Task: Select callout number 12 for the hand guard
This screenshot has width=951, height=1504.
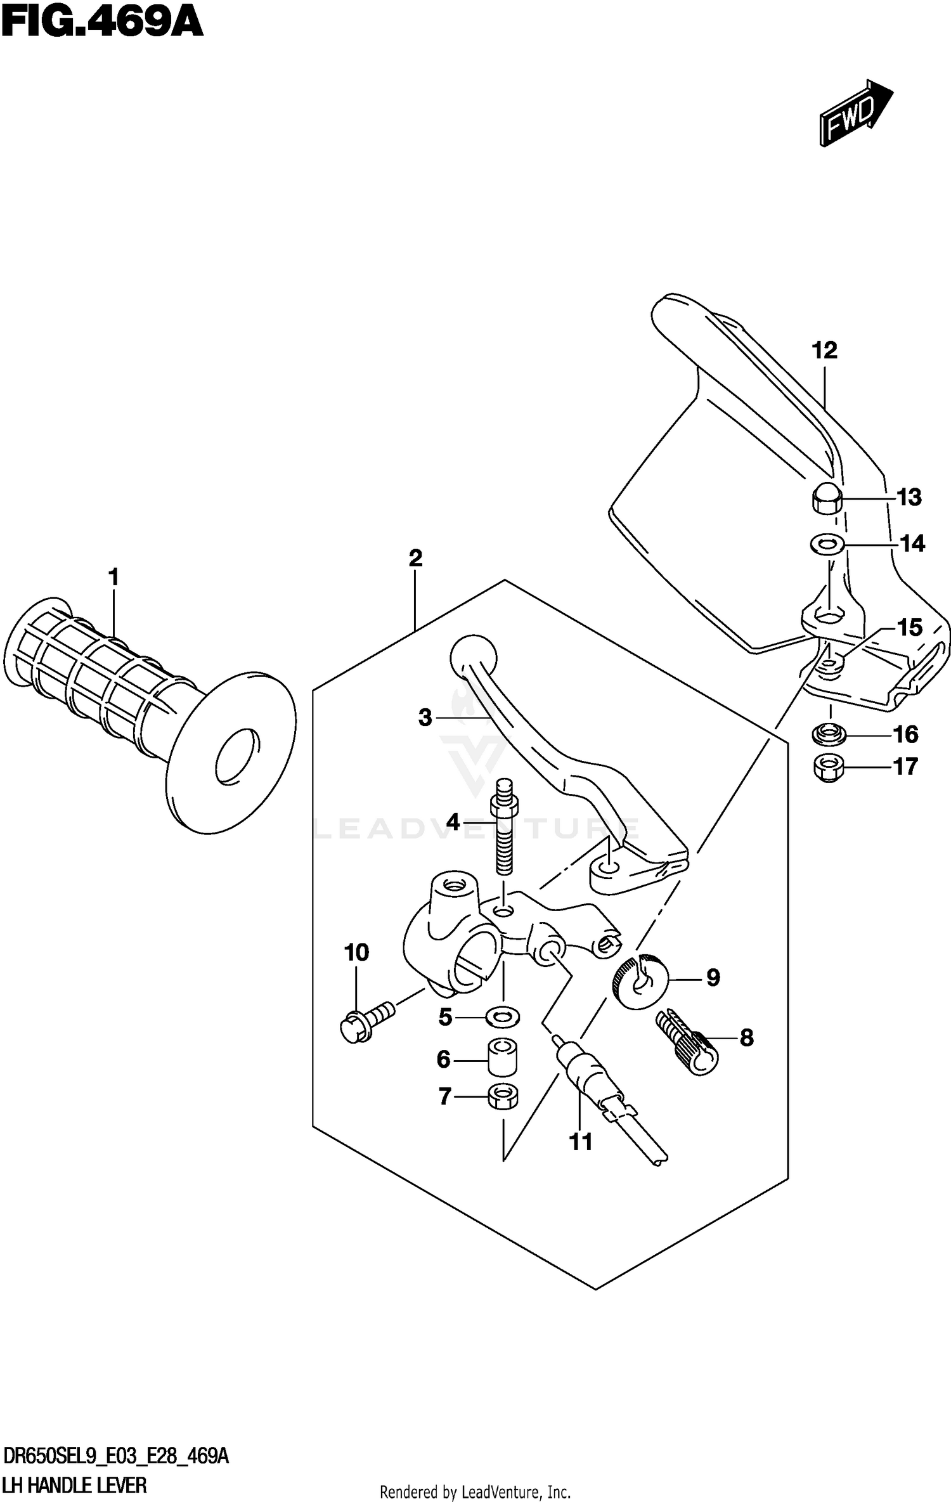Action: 824,351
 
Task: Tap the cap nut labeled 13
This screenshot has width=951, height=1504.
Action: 826,498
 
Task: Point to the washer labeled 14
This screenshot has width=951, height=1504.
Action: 827,543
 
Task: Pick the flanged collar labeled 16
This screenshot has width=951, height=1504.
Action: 828,735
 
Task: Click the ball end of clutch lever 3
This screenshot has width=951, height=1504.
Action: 472,658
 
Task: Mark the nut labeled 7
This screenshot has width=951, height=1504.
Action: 503,1096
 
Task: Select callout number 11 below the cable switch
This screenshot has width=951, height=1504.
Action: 580,1142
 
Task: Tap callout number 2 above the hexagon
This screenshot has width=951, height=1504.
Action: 415,559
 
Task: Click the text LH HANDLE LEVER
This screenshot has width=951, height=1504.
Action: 75,1486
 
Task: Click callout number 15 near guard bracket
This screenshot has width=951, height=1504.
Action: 909,628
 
